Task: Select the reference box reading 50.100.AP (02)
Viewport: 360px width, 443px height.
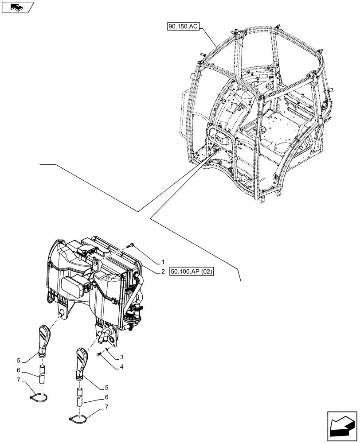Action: tap(191, 272)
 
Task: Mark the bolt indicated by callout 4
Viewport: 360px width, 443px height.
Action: tap(98, 356)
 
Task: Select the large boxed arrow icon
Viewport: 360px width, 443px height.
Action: tap(342, 426)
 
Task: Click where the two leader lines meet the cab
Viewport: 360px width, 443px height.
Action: tap(208, 159)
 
